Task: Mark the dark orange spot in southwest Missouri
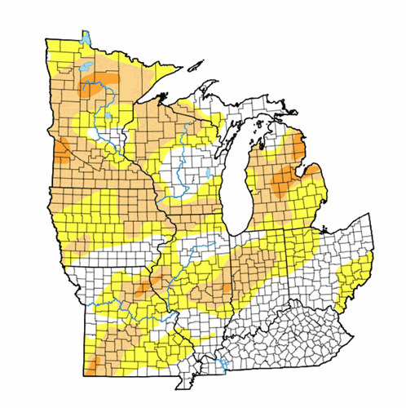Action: [x=95, y=360]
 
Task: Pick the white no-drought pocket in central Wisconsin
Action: [x=179, y=163]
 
